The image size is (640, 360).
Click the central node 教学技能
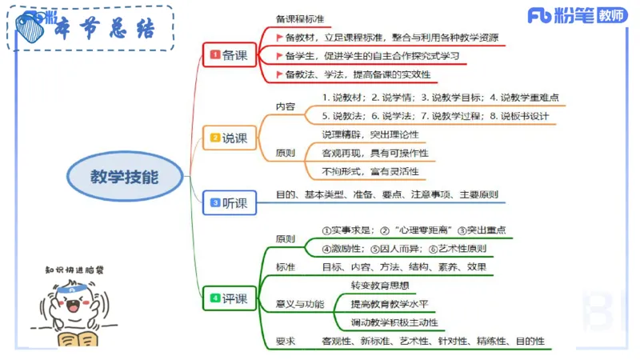(124, 176)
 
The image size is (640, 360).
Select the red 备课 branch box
(229, 55)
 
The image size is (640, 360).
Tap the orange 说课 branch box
(229, 138)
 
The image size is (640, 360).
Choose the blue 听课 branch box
(229, 203)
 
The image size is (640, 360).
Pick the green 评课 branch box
(229, 299)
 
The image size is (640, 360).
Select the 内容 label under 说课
(286, 106)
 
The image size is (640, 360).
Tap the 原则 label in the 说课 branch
(286, 152)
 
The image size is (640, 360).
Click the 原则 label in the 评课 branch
(286, 238)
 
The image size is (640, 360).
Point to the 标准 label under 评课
(286, 266)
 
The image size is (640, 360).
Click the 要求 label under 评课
(286, 342)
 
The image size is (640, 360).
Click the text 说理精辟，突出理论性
(370, 134)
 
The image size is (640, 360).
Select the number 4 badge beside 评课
(214, 299)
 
